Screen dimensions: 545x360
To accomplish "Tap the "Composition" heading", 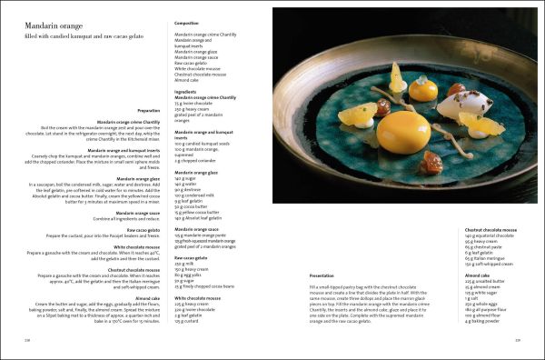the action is (x=188, y=23).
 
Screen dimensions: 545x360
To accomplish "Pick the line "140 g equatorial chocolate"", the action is (x=490, y=235).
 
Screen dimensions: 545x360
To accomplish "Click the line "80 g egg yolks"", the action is (x=191, y=275).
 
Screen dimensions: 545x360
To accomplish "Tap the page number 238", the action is (x=13, y=339).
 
